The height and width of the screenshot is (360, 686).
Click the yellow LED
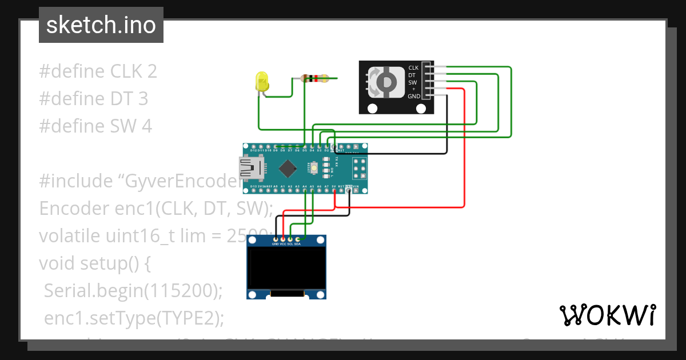262,81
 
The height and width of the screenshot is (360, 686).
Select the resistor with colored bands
314,79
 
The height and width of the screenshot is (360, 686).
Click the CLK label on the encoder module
413,67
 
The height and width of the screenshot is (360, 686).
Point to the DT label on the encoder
412,75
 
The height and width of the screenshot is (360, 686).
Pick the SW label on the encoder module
412,82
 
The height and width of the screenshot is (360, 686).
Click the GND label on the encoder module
414,97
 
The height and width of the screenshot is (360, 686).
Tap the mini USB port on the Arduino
252,168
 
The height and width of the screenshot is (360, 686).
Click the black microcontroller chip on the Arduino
288,168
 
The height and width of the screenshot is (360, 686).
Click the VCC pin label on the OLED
283,244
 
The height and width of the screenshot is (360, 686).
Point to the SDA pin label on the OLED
297,244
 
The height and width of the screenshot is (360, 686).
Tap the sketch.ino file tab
101,25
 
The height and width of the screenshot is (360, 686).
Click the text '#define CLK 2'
98,71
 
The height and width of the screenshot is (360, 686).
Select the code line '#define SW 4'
95,126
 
